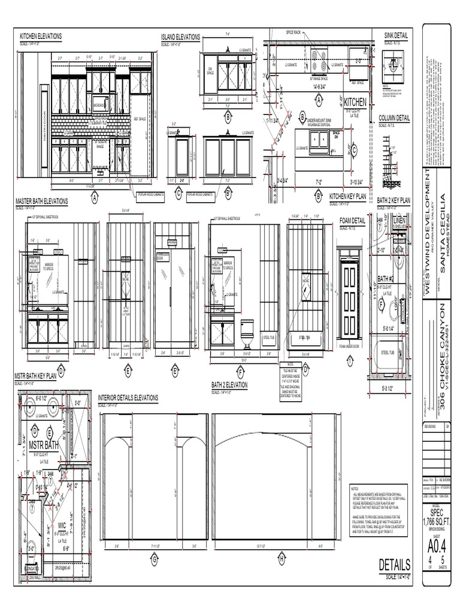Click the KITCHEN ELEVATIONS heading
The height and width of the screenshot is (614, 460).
click(x=41, y=36)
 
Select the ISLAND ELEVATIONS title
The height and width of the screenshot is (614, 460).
click(x=180, y=37)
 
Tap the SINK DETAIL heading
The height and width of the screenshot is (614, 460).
click(x=396, y=36)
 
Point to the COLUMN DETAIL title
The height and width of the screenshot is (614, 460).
click(x=394, y=118)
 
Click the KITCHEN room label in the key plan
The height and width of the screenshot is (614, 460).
click(x=355, y=102)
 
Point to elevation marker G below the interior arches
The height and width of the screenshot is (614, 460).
click(x=154, y=559)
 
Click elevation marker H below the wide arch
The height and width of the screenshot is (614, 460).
click(x=280, y=559)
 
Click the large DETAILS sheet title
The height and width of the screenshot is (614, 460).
click(x=394, y=565)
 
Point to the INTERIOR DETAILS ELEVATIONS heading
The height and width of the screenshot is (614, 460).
click(x=128, y=398)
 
